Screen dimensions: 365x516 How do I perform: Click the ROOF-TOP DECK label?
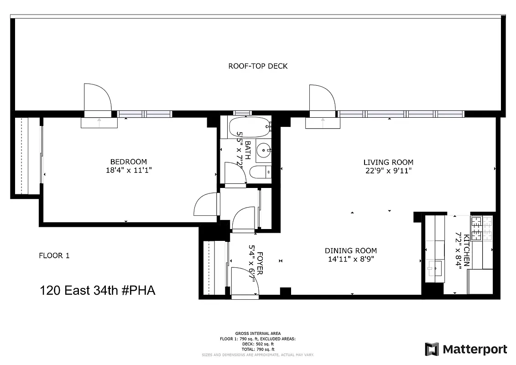tap(258, 66)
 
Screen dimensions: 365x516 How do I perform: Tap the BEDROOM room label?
tap(129, 162)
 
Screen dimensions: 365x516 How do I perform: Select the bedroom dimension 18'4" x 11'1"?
tap(129, 170)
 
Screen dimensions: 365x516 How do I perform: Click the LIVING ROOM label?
tap(388, 162)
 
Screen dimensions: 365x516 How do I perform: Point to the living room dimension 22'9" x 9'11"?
tap(388, 171)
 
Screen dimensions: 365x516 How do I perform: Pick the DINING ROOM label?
tap(350, 250)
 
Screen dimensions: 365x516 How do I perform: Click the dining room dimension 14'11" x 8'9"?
tap(350, 259)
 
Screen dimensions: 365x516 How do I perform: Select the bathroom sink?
tap(263, 150)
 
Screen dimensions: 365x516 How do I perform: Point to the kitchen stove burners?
tap(477, 228)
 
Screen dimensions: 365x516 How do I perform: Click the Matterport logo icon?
tap(432, 349)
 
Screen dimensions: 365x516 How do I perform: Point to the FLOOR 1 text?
tap(54, 256)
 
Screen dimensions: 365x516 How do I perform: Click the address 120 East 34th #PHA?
tap(98, 290)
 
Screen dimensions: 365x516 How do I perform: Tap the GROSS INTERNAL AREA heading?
tap(258, 334)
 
